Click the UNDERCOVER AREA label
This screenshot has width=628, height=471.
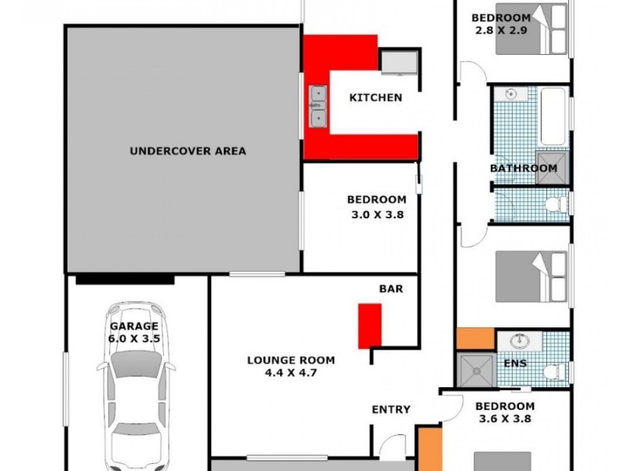coord(188,151)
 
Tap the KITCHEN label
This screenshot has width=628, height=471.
coord(375,98)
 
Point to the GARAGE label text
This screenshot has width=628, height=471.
coord(133,327)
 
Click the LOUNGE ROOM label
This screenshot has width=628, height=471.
coord(290,361)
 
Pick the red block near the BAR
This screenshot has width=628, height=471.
coord(370,325)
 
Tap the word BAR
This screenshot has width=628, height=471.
coord(391,289)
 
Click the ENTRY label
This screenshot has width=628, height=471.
coord(391,409)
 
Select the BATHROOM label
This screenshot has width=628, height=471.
coord(524,168)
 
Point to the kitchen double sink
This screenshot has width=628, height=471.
coord(318,106)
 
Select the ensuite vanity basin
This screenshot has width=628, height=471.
coord(518,342)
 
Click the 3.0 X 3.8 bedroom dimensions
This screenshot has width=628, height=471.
coord(376,214)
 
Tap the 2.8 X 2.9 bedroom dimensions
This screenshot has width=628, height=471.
coord(500,32)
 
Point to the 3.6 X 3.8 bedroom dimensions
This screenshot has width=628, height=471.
coord(505,419)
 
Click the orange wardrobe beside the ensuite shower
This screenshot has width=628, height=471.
coord(476,338)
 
